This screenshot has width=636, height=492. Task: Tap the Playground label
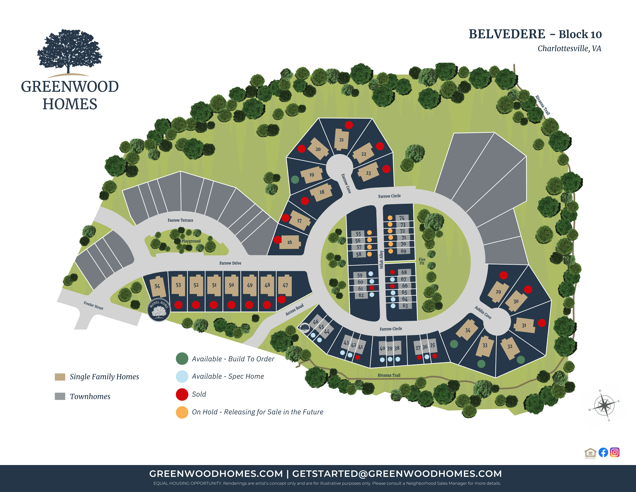coord(191,241)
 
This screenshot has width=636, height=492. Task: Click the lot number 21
coord(341,140)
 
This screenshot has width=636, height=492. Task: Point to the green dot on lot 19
coord(295,180)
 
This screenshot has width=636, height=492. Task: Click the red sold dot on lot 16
coord(278,240)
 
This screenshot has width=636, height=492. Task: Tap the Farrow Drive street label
coord(230,263)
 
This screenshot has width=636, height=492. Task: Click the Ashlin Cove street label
coord(483,312)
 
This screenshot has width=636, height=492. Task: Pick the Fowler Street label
coord(93,306)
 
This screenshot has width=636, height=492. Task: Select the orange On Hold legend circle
coord(182,412)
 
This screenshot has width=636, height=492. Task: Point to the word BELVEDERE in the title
coord(507,34)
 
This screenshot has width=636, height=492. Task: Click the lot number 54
coord(157,286)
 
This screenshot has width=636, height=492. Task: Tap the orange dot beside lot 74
coord(390,218)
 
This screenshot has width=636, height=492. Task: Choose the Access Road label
coord(294,310)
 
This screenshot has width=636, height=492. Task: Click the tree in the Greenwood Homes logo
coord(69,51)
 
